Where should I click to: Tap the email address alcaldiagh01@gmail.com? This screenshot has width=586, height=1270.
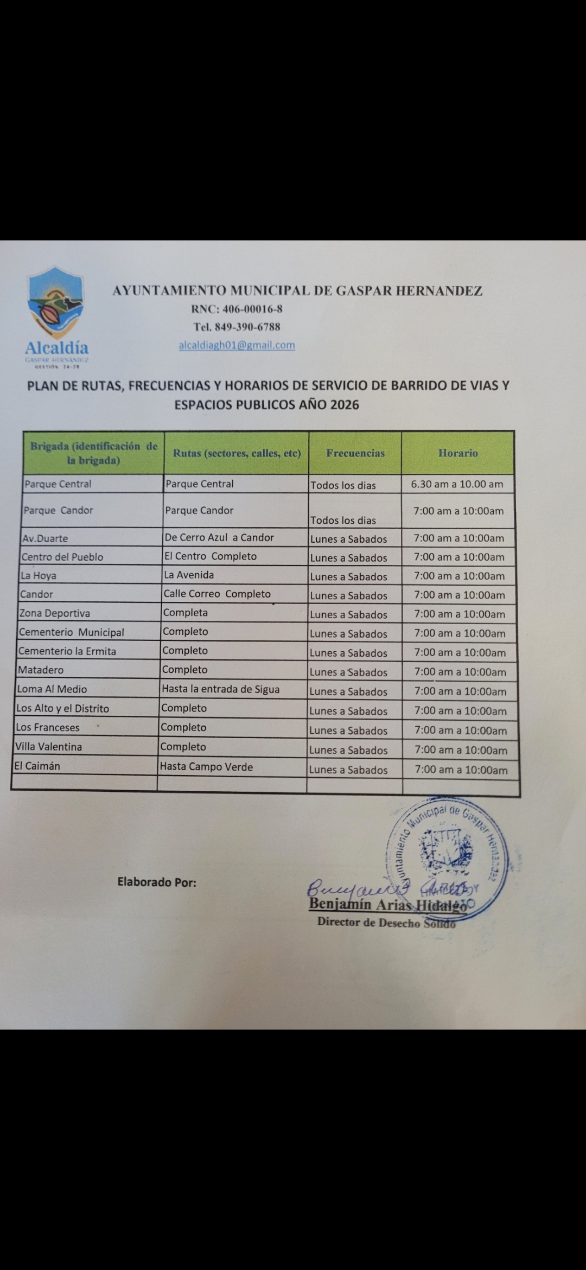[237, 345]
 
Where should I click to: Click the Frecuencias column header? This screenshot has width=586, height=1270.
[355, 453]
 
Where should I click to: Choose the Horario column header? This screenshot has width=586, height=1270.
[458, 453]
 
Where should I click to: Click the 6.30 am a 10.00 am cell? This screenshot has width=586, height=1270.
[457, 484]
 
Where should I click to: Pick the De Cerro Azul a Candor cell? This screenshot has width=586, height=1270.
[219, 537]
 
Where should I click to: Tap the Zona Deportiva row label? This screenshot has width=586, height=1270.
[55, 613]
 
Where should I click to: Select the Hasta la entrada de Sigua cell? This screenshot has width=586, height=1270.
[220, 689]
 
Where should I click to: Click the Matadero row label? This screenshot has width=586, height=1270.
[41, 670]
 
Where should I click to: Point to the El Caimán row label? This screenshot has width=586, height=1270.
[37, 766]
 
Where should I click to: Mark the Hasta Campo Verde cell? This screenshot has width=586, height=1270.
[206, 767]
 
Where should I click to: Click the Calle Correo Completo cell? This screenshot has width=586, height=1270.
[217, 594]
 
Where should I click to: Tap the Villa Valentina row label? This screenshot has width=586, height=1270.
[49, 747]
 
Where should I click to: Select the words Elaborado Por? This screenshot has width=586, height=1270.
[157, 882]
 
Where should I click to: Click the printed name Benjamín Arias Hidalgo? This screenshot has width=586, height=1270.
[387, 905]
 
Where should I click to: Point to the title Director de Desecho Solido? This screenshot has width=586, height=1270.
[386, 922]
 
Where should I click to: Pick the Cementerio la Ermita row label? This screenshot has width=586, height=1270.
[67, 651]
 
